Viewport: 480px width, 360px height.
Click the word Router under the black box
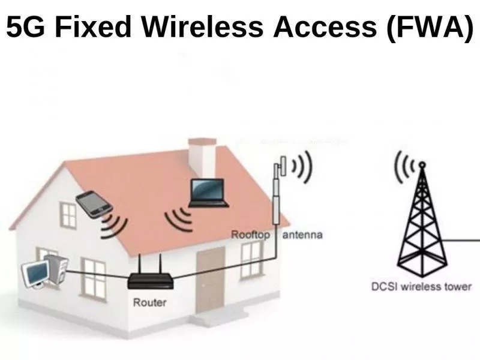[x=149, y=302]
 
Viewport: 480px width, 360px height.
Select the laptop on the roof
[x=209, y=193]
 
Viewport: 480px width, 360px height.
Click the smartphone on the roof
[x=94, y=204]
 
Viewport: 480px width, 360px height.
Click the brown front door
[x=211, y=280]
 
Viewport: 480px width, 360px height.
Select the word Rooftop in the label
[x=250, y=235]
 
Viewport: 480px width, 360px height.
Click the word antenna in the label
[x=302, y=235]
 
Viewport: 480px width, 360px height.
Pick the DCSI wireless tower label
[x=421, y=287]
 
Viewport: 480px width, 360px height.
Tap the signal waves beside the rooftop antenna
[x=302, y=167]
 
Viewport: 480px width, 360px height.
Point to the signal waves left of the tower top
[x=404, y=167]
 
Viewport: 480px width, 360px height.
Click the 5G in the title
[x=25, y=26]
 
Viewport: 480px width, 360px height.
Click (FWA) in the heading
[x=430, y=28]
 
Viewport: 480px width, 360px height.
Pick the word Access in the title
[x=325, y=26]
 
